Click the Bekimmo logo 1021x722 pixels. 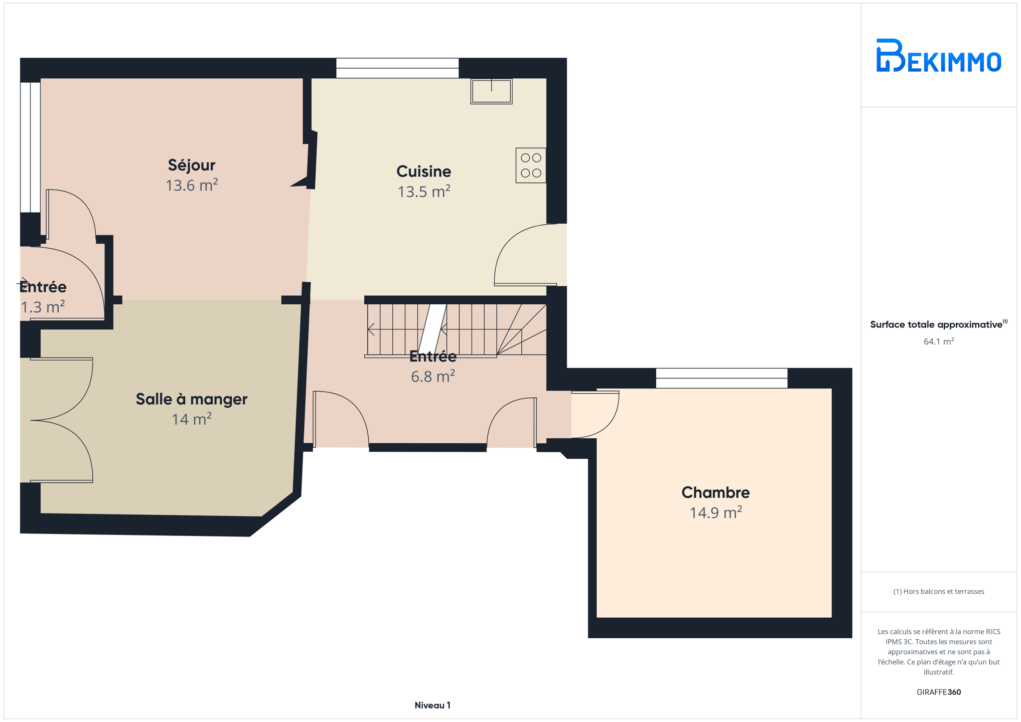(x=938, y=55)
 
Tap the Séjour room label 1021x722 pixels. (x=192, y=165)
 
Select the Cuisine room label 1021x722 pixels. (x=424, y=171)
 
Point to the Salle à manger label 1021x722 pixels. (x=192, y=399)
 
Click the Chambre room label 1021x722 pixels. (x=715, y=492)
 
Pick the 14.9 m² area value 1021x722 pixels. (x=715, y=512)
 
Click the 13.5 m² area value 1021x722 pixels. (x=424, y=192)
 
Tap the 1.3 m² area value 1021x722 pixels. (x=43, y=306)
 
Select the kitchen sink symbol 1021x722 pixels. (x=491, y=91)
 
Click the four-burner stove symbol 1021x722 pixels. (x=531, y=165)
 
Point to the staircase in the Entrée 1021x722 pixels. (x=456, y=330)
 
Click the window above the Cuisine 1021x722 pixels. (x=397, y=68)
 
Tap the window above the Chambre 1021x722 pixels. (x=721, y=378)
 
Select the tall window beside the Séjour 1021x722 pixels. (x=30, y=147)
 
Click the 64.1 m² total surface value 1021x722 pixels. (x=939, y=341)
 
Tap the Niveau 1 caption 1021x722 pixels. (x=432, y=705)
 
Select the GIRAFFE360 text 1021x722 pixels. (x=939, y=692)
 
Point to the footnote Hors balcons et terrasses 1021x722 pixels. (x=939, y=591)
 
